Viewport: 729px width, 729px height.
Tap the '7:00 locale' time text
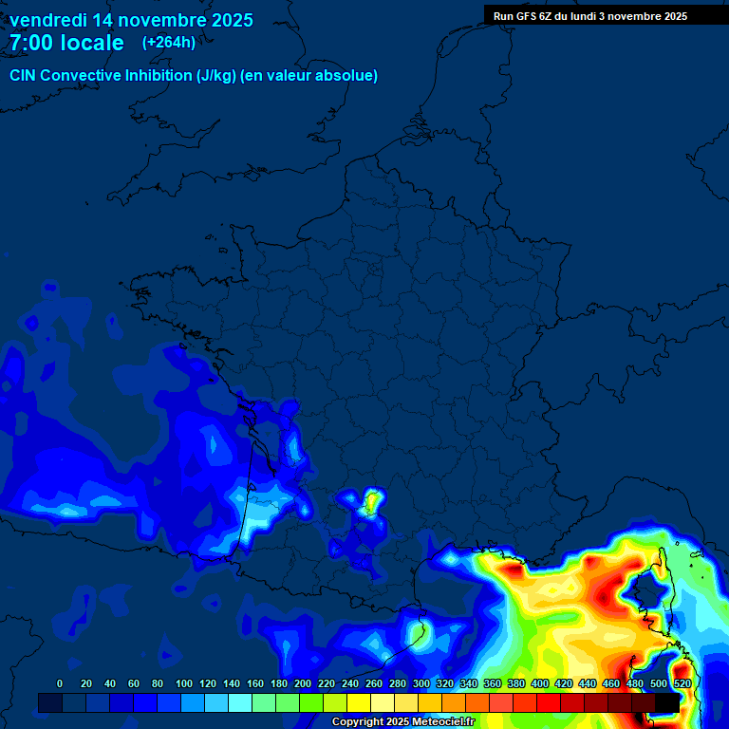pos(66,43)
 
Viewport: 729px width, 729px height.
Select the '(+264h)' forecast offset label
pos(169,42)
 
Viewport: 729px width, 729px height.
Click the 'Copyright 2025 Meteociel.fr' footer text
pos(403,722)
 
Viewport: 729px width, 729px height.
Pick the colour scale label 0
pos(60,683)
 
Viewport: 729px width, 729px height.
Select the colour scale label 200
pos(303,683)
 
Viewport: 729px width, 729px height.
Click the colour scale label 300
pos(421,683)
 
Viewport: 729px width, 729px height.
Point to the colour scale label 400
pos(539,683)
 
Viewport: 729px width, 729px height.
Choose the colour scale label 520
pos(682,683)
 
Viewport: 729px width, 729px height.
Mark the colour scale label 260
pos(373,683)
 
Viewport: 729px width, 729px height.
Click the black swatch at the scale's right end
pos(666,702)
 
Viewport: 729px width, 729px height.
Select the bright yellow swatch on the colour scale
pos(359,702)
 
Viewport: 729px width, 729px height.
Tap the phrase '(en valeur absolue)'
pos(311,76)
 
